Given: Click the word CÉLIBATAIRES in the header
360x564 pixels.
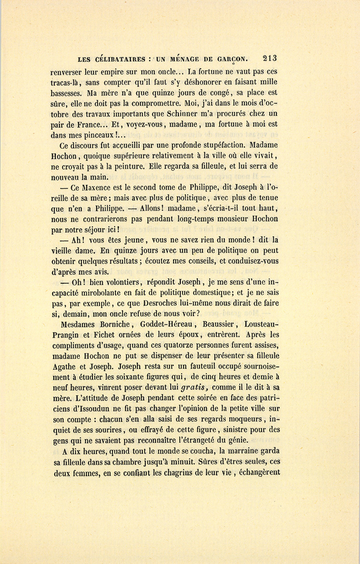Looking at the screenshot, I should click(120, 59).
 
